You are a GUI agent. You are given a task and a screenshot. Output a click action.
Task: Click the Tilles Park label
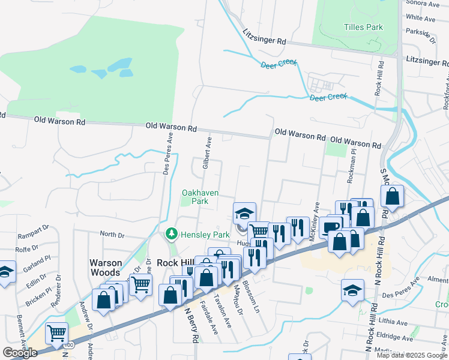(363, 27)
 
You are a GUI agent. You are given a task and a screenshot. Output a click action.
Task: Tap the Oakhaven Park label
(200, 197)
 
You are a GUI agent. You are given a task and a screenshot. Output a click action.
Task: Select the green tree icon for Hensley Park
(172, 233)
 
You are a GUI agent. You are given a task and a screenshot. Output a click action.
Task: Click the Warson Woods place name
(106, 268)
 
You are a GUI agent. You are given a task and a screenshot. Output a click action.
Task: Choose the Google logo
(20, 353)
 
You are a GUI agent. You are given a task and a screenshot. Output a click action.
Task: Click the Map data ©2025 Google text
(411, 355)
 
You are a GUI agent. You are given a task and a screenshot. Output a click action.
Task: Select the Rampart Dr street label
(34, 230)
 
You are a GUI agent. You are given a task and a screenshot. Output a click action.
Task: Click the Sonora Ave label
(424, 4)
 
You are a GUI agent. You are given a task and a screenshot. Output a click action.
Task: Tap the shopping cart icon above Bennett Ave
(56, 332)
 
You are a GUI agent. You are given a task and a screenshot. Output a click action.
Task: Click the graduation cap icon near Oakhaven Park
(244, 213)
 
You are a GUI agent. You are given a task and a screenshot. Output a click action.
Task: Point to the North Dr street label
(111, 235)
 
